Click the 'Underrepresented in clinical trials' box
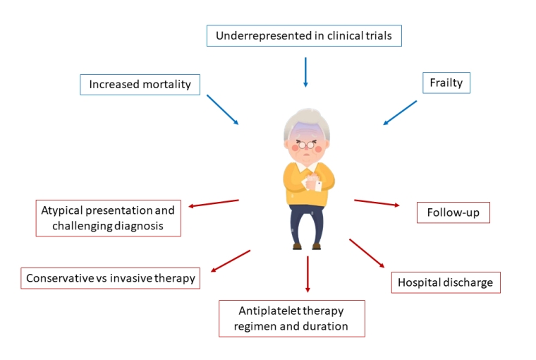tap(305, 36)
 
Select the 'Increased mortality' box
tap(140, 85)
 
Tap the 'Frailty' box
tap(446, 83)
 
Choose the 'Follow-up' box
tap(453, 212)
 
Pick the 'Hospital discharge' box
tap(446, 282)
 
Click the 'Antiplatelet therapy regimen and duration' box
tap(291, 318)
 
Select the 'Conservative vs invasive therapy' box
tap(110, 278)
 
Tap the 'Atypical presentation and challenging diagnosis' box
tap(109, 218)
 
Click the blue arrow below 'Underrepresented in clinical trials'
tap(305, 72)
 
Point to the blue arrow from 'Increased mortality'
tap(223, 110)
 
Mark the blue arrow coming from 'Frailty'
tap(400, 113)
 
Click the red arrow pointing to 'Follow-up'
tap(377, 203)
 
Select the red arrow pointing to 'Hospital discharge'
tap(367, 253)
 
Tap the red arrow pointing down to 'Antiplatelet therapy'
tap(307, 275)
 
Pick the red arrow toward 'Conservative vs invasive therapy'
tap(231, 260)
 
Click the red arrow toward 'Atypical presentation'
tap(214, 203)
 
